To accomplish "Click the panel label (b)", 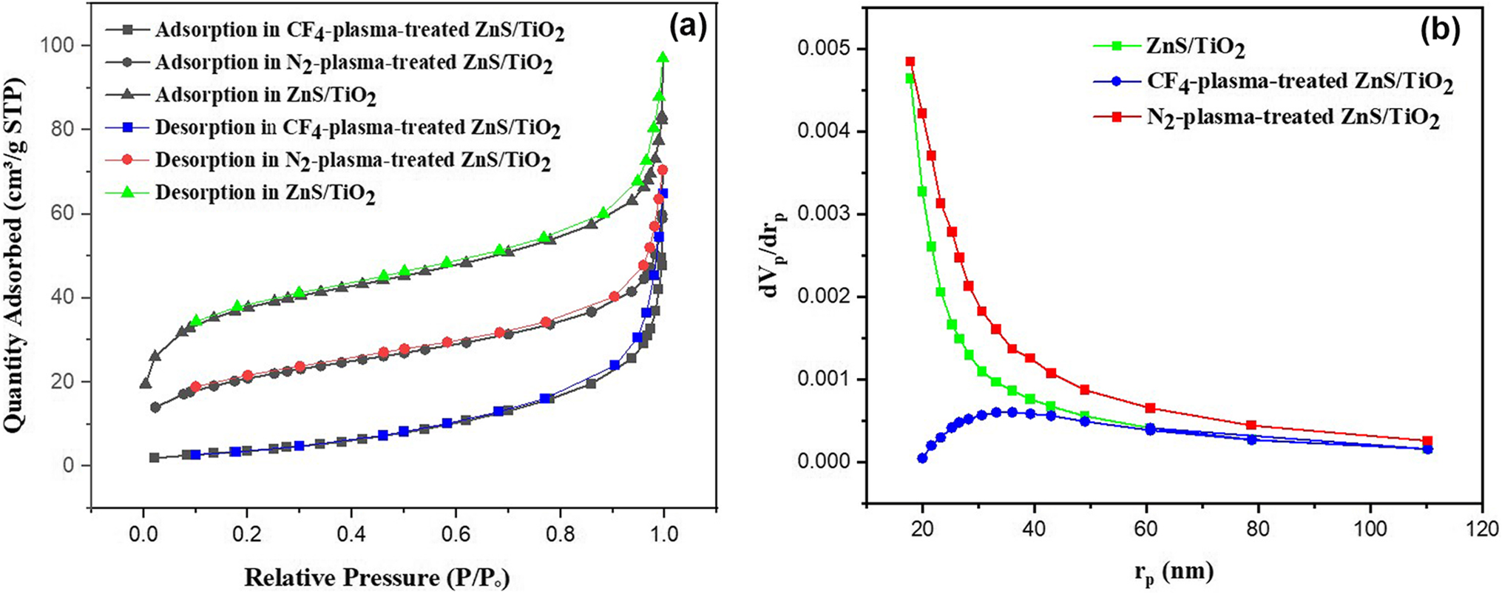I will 1438,30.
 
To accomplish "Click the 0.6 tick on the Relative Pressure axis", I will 455,534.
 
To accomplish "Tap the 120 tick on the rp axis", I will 1481,529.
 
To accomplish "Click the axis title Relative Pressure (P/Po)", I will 377,578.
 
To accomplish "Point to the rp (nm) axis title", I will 1173,572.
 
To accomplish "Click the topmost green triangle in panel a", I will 663,58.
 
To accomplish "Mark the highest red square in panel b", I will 910,61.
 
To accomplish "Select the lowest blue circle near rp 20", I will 922,458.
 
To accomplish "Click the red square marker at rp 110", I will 1427,441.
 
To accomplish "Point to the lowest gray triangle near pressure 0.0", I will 145,384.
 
